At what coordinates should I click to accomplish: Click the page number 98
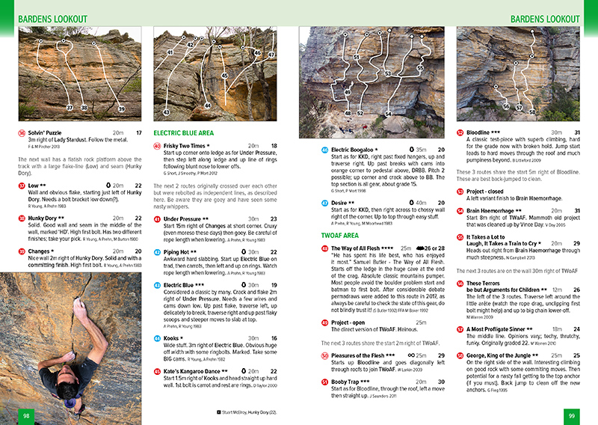point(25,416)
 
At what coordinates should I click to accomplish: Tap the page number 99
point(571,416)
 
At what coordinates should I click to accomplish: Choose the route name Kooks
point(173,339)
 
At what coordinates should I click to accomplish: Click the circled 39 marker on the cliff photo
point(121,109)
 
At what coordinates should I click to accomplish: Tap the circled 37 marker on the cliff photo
point(70,108)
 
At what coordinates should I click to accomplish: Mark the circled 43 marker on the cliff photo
point(167,112)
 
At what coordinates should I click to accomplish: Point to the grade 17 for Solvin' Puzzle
point(138,133)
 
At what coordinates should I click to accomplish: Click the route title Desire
point(342,203)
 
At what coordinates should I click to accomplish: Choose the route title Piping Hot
point(179,251)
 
